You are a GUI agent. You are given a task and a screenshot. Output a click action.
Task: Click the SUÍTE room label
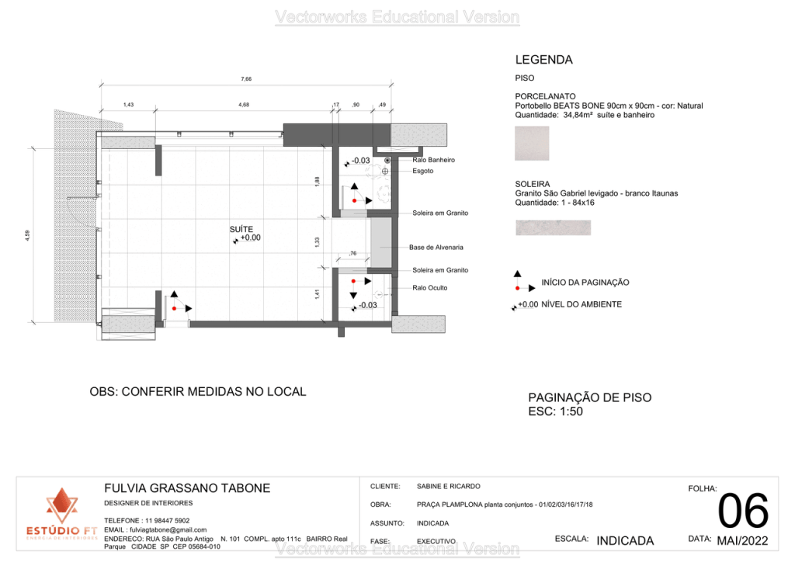240,230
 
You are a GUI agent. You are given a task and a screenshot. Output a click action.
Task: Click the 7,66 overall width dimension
246,78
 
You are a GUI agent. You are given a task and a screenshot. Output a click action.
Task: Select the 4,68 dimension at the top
244,104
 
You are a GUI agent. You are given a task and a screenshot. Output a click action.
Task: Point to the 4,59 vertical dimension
27,235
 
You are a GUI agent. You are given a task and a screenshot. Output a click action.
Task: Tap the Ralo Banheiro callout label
433,160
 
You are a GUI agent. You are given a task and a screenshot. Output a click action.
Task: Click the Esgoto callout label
423,171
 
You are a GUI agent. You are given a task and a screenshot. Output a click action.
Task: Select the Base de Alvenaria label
436,248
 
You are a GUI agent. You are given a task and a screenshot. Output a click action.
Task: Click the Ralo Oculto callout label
430,288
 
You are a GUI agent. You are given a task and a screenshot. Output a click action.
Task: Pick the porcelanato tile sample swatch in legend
532,144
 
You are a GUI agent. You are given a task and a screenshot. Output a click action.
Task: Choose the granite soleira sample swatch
553,227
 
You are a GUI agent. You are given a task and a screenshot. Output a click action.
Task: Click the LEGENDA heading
543,60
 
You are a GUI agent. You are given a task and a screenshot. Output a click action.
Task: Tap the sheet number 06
743,512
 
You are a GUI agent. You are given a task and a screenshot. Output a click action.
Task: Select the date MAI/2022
742,540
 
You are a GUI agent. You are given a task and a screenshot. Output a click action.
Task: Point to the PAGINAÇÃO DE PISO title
589,397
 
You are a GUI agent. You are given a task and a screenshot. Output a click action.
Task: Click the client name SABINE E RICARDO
448,486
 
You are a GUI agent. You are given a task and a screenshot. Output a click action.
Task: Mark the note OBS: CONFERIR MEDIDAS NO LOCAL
198,392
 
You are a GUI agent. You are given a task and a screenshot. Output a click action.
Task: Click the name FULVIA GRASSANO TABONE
187,488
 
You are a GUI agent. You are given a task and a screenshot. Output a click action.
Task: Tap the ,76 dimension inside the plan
352,253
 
